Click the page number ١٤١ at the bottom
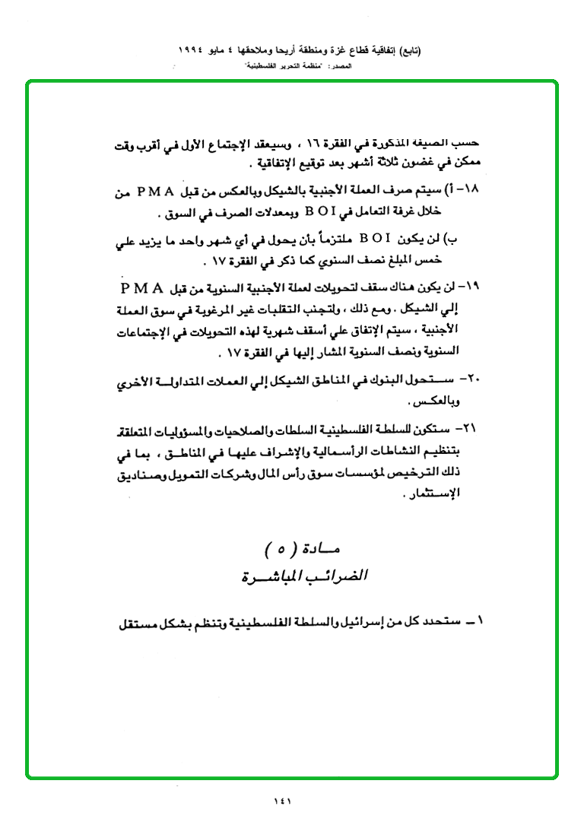click(x=282, y=799)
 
